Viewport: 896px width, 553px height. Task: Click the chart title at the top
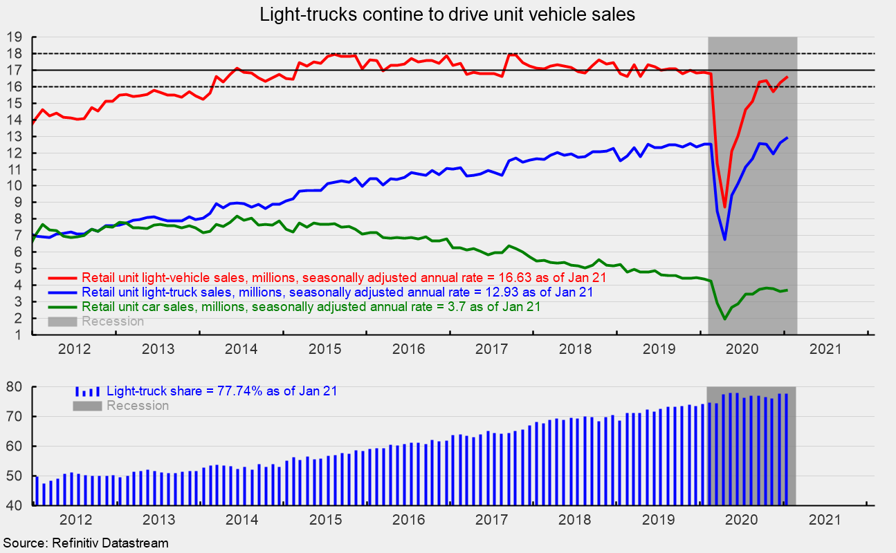[447, 15]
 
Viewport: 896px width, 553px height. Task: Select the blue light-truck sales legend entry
[337, 292]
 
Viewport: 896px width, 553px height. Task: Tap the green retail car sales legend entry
[311, 306]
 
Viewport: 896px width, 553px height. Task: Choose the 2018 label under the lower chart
[574, 518]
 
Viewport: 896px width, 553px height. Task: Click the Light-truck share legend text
[221, 391]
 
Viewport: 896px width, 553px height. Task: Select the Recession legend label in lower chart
[137, 406]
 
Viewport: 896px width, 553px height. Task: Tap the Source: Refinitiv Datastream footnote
[85, 543]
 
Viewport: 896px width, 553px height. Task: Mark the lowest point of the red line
[724, 207]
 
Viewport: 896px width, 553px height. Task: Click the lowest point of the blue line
[724, 239]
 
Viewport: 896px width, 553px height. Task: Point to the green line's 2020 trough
[724, 319]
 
